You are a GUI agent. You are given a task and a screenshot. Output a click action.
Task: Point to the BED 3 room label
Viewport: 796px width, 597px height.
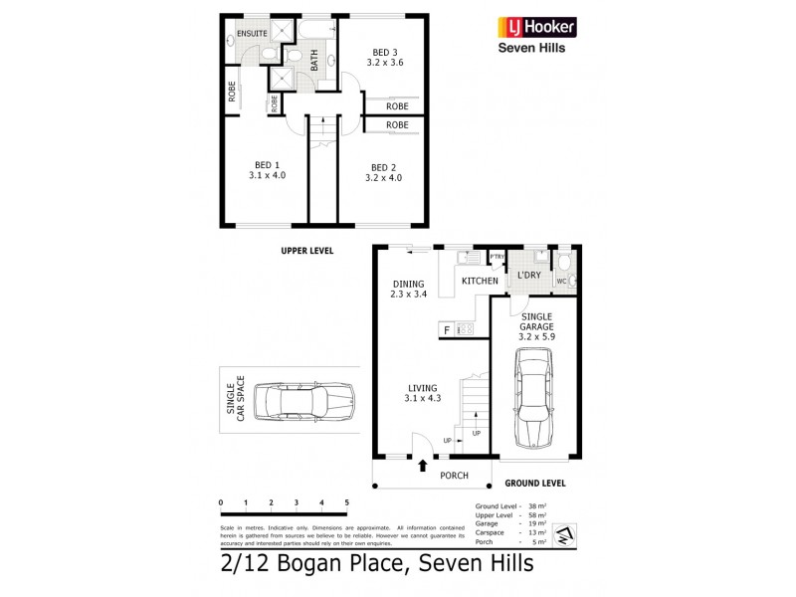point(384,54)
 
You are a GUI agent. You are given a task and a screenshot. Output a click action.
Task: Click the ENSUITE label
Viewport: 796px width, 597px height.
point(252,31)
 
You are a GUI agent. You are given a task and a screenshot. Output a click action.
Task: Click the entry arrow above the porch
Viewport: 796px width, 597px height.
point(424,463)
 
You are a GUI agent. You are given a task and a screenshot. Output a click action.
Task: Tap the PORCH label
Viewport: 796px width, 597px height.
point(454,476)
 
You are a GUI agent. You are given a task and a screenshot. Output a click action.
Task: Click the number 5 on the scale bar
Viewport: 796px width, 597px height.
point(346,502)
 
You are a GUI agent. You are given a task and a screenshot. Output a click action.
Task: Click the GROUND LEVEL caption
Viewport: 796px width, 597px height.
point(535,483)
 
